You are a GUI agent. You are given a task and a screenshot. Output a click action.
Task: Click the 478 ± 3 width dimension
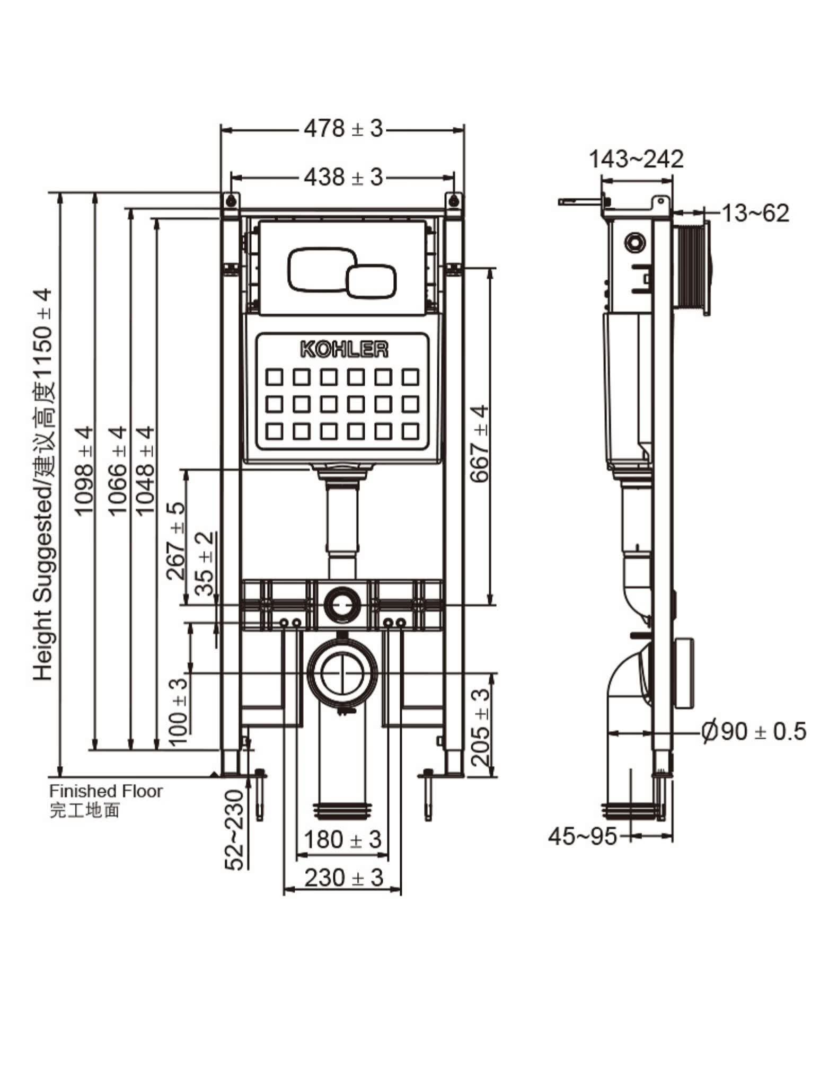coord(343,128)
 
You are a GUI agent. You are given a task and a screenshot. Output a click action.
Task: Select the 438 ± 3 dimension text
coord(343,177)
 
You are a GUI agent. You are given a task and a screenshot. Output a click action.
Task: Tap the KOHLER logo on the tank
coord(344,349)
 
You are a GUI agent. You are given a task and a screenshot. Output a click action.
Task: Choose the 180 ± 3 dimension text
coord(342,839)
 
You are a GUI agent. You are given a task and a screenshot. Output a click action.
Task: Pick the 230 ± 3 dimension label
coord(343,878)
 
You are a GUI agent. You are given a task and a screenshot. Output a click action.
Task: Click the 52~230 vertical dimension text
coord(234,829)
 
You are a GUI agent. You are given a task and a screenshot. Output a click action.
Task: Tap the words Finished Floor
coord(106,791)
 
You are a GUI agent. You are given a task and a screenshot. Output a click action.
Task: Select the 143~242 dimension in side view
coord(637,159)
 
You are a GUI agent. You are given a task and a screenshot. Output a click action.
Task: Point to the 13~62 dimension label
coord(755,213)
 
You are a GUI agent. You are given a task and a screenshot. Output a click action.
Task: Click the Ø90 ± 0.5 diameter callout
coord(753,731)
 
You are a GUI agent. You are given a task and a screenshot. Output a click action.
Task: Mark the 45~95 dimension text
coord(583,836)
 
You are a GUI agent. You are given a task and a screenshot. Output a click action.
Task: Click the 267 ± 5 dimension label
coord(176,541)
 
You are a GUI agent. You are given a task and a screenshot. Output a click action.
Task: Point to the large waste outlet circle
coord(343,671)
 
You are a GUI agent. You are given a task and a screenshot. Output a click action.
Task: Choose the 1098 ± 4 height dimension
coord(84,471)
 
